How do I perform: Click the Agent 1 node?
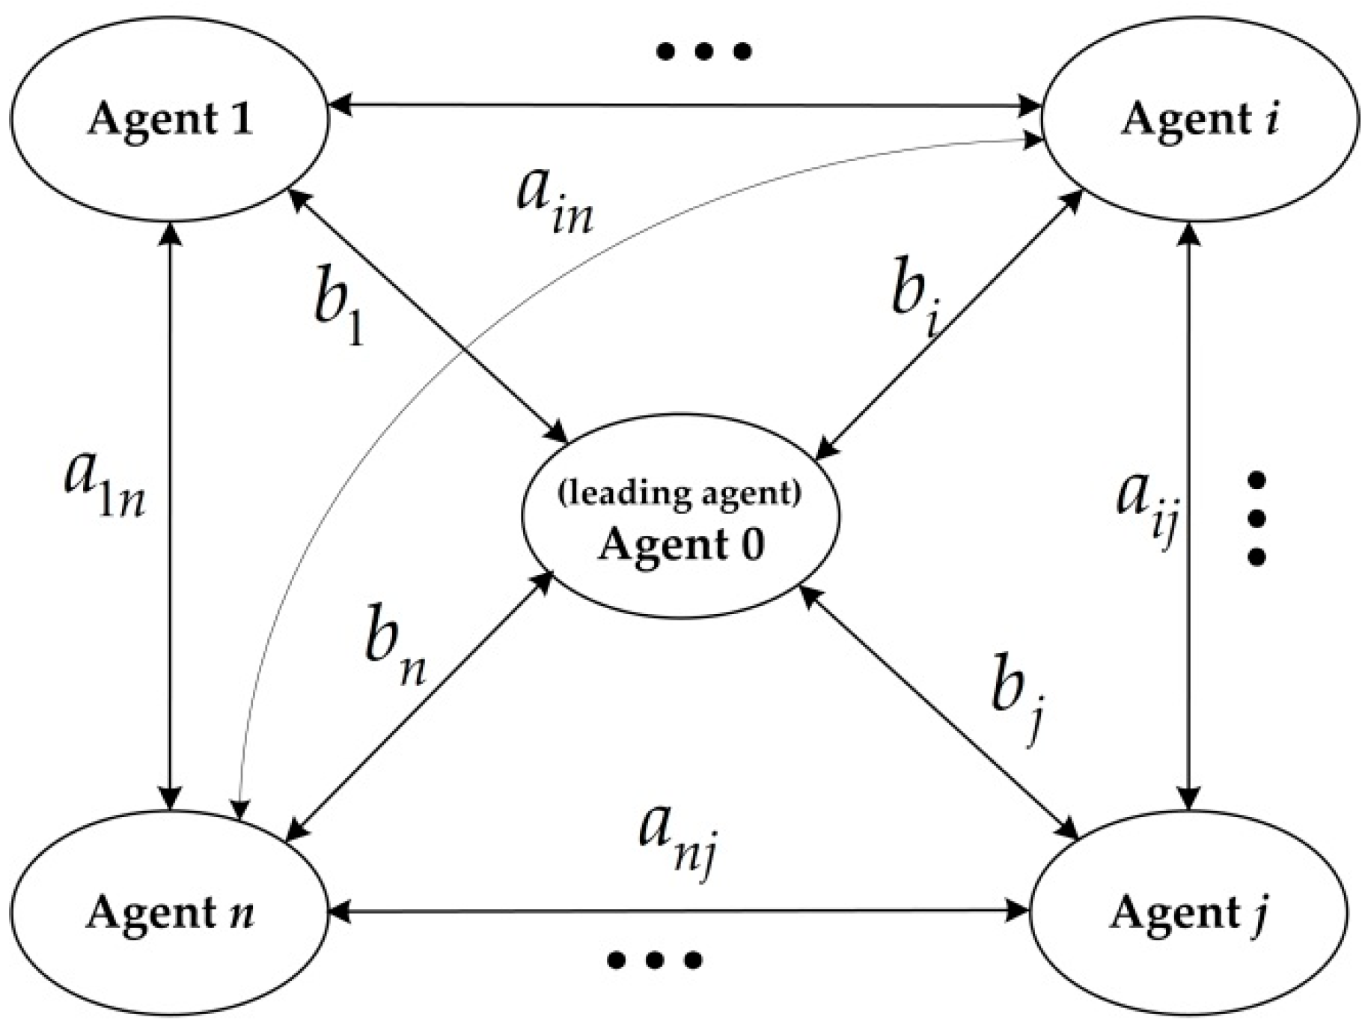(x=170, y=120)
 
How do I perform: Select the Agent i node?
(x=1200, y=120)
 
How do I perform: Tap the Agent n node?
(x=170, y=912)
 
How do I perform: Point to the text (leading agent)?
(x=680, y=493)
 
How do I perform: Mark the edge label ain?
(x=555, y=201)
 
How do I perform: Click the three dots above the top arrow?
(x=703, y=52)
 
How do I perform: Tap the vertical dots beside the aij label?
(x=1257, y=518)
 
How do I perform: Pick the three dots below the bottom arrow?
(x=654, y=959)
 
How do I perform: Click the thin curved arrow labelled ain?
(x=419, y=374)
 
